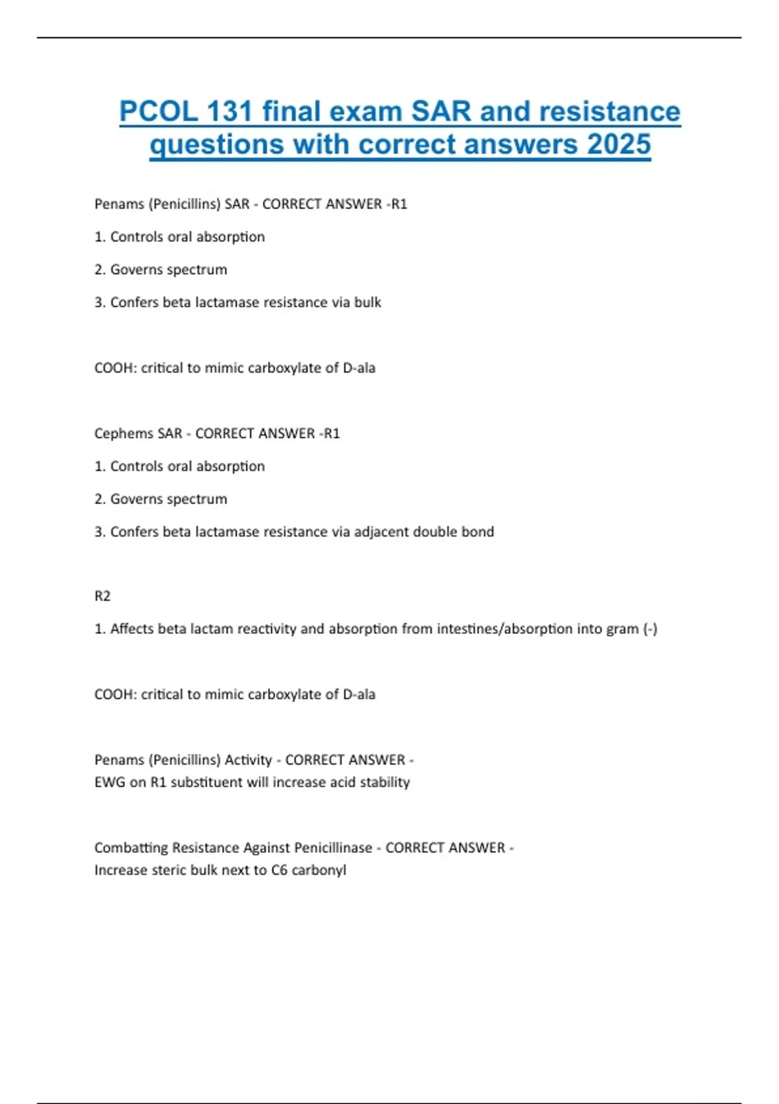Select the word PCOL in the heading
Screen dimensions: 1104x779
158,112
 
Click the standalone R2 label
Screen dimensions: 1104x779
103,596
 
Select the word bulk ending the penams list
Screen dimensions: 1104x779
367,302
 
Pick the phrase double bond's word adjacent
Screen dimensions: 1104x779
382,532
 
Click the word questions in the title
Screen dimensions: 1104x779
217,144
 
